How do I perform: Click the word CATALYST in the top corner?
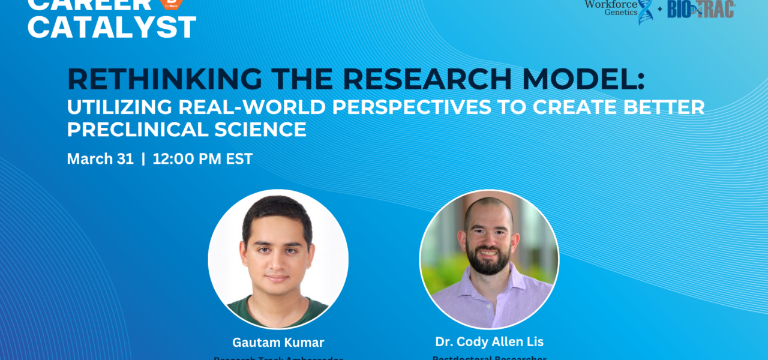pyautogui.click(x=112, y=28)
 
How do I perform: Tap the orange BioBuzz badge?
pyautogui.click(x=172, y=4)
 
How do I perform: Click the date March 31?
pyautogui.click(x=100, y=159)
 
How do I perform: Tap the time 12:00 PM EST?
pyautogui.click(x=203, y=159)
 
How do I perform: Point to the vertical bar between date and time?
pyautogui.click(x=143, y=159)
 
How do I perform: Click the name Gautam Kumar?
pyautogui.click(x=278, y=343)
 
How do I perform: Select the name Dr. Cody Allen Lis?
pyautogui.click(x=489, y=341)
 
